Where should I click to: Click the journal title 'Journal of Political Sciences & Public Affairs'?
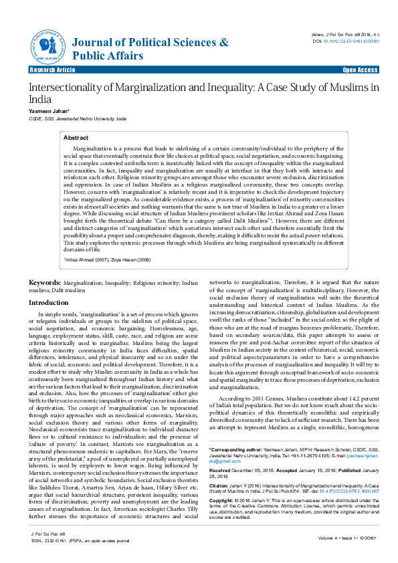click(150, 49)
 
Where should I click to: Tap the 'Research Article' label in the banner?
click(52, 70)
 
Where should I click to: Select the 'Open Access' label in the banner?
click(360, 70)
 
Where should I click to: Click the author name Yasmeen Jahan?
click(47, 110)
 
